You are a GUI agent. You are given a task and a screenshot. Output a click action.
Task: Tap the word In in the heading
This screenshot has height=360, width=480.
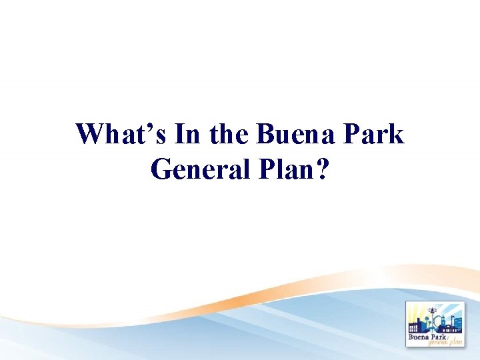coord(188,135)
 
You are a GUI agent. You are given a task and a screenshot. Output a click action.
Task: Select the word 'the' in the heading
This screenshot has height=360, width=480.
coord(228,135)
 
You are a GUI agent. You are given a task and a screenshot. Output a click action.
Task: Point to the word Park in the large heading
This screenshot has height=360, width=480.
coord(376,135)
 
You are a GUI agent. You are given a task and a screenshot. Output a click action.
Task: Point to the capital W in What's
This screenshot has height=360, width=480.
coord(90,135)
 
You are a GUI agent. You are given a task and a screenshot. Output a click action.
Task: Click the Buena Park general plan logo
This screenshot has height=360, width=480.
coord(437,324)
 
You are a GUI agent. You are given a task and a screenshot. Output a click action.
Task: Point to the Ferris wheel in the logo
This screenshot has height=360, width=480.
coord(438,321)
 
